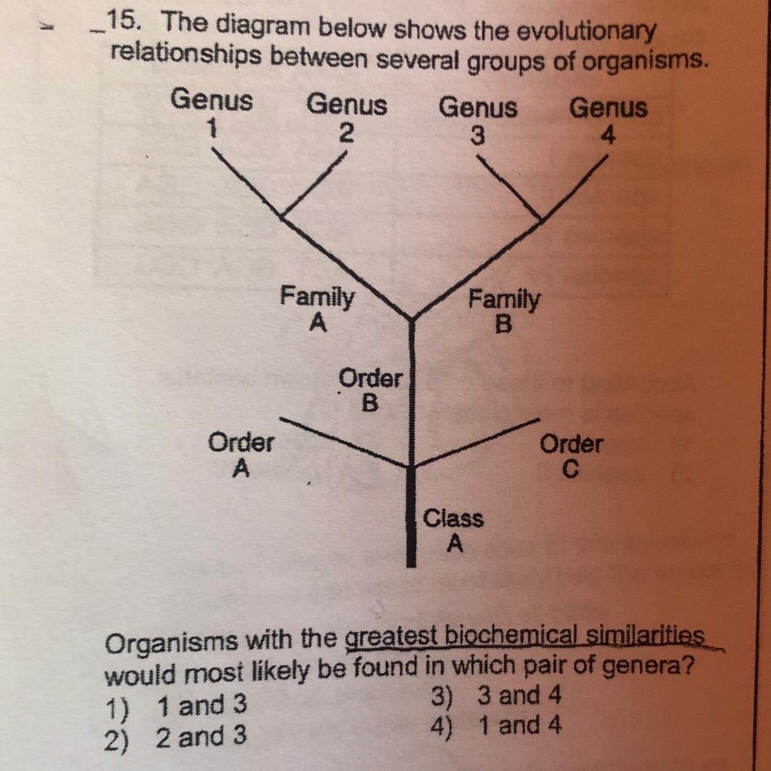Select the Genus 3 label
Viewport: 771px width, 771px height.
point(478,121)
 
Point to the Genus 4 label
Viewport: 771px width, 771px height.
point(609,121)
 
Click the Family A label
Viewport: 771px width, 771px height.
point(317,308)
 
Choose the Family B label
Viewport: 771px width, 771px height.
point(504,310)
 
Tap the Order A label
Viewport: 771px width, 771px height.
point(241,455)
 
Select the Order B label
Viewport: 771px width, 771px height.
point(370,389)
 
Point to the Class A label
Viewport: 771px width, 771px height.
point(453,530)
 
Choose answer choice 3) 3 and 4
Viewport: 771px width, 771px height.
point(497,696)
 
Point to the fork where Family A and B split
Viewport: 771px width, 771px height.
point(411,319)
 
